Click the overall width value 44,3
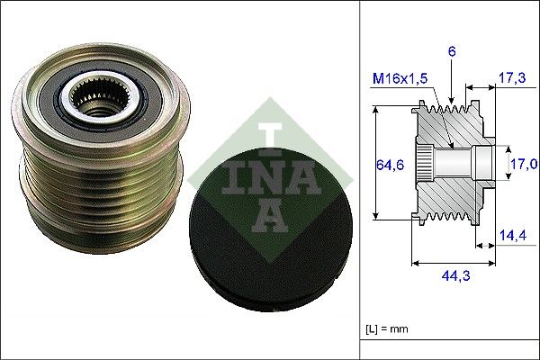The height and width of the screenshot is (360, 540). coord(453,279)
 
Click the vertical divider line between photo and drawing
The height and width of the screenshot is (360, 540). coord(360,180)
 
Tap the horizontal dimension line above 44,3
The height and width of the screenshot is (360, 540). coord(453,264)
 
